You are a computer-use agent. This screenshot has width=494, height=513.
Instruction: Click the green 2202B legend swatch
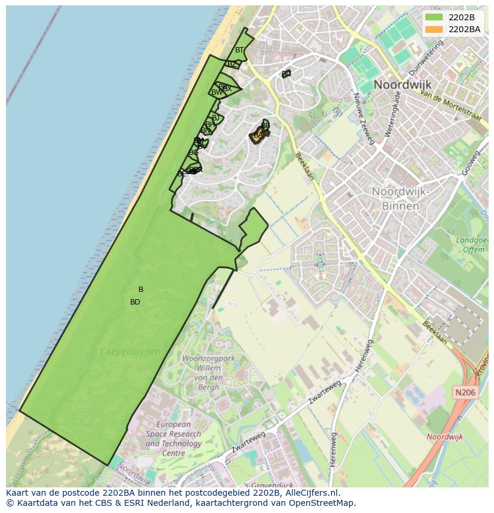(x=434, y=17)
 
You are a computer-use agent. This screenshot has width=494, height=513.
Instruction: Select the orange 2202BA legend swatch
(x=434, y=29)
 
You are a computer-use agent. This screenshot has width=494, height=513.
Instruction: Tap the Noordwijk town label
(x=402, y=85)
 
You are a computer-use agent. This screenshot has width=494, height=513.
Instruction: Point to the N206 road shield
(x=465, y=392)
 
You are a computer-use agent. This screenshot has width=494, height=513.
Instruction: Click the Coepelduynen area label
(x=130, y=352)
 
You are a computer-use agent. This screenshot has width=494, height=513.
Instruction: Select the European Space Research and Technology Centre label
(x=173, y=439)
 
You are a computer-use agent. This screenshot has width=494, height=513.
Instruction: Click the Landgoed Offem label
(x=471, y=245)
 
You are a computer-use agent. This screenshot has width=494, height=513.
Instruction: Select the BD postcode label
(x=135, y=302)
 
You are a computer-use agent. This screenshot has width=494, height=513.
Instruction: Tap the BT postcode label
(x=239, y=50)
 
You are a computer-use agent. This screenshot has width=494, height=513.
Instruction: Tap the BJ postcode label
(x=216, y=118)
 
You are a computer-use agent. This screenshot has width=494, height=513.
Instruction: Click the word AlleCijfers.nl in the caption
(x=309, y=493)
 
